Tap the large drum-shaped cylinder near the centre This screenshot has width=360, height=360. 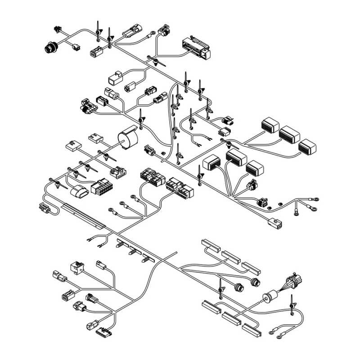click(127, 138)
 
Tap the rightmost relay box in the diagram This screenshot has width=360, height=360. click(308, 146)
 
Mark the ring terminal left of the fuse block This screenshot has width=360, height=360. click(153, 33)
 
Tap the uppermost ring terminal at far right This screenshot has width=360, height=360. click(316, 198)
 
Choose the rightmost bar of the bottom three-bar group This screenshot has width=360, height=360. click(252, 329)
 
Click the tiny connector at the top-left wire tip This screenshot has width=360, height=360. click(57, 29)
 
